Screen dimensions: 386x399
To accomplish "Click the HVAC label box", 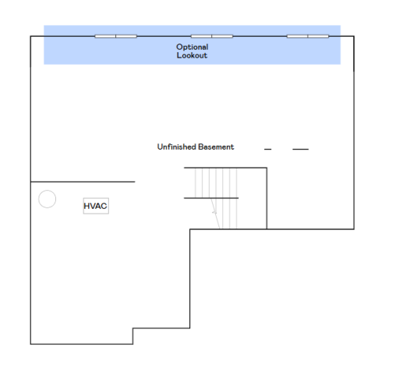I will tap(95, 206).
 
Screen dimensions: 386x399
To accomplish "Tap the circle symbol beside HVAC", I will tap(47, 199).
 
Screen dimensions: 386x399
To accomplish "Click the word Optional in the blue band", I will tap(192, 47).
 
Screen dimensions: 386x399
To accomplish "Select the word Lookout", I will tap(192, 55).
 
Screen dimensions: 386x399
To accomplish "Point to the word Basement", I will tap(215, 147).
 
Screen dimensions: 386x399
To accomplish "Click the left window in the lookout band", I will tap(116, 36).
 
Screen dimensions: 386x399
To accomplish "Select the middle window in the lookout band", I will tap(212, 36).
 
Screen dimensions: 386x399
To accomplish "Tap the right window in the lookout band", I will tap(308, 36).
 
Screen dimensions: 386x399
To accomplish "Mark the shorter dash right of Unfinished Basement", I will tap(268, 148).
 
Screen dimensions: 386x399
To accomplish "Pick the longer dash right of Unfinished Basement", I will tap(300, 148).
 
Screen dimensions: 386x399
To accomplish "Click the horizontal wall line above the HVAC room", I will tap(83, 182).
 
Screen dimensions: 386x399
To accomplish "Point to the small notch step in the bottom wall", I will tap(133, 335).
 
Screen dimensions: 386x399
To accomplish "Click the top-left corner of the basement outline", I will tap(31, 37).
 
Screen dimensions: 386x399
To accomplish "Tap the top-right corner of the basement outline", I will tap(353, 37).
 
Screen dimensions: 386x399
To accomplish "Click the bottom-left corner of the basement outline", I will tap(31, 343).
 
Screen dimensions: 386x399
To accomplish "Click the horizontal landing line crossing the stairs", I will tap(210, 198).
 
